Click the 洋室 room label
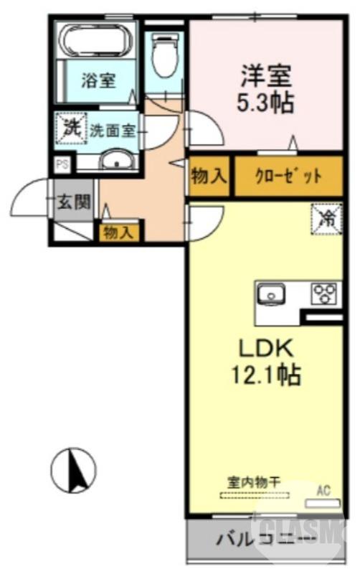(265, 75)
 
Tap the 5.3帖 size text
(265, 101)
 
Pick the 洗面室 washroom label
(113, 131)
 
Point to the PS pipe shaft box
(63, 164)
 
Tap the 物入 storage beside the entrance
(119, 232)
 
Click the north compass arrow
(76, 471)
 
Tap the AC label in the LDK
(323, 491)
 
